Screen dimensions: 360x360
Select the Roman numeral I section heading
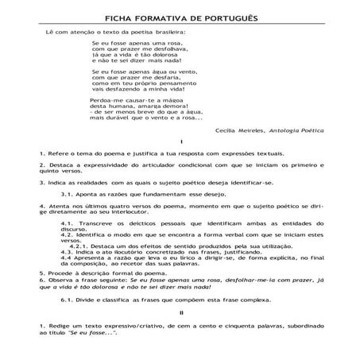(180, 140)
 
